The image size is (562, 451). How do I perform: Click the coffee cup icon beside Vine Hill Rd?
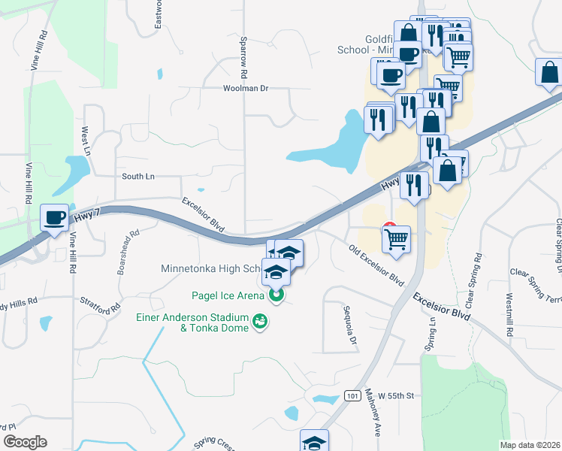pos(54,218)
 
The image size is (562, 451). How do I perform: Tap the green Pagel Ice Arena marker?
pos(276,295)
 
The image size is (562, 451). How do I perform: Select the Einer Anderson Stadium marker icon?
pos(261,321)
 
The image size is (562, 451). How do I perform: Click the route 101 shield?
pos(352,395)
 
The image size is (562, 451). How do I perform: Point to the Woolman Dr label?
pos(245,89)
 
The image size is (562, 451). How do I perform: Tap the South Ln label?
pos(137,176)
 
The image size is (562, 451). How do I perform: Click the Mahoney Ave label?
pos(371,413)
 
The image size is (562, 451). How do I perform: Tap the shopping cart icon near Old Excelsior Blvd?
pos(396,239)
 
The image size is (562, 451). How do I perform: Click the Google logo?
pos(24,442)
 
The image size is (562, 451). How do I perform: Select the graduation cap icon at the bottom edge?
pos(314,441)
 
